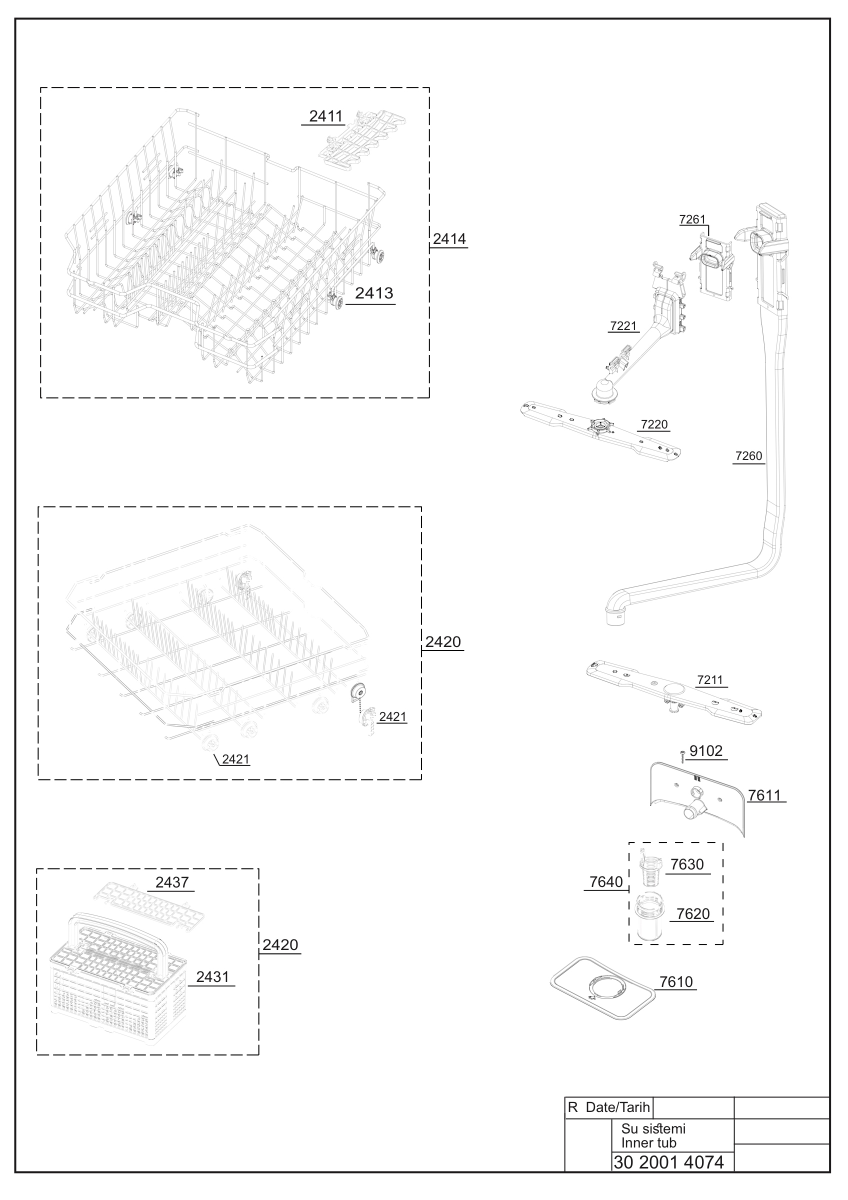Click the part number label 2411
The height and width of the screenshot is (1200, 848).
[325, 116]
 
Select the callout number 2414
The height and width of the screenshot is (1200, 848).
[449, 239]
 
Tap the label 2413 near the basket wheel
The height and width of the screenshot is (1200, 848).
[374, 293]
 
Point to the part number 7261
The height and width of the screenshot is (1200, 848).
[692, 219]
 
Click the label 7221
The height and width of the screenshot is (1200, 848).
[623, 326]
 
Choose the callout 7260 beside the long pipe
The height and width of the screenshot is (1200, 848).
[748, 455]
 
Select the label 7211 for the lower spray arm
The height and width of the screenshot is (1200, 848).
[709, 680]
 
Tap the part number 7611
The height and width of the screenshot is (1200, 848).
[764, 795]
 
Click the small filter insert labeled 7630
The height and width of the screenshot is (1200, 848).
[650, 867]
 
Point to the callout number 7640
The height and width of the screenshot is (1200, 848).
[606, 881]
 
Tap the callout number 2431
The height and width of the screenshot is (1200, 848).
[212, 976]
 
